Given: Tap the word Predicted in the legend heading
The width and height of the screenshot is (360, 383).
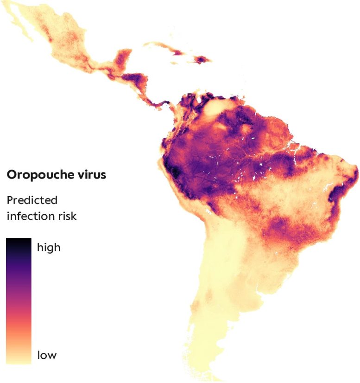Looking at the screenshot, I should [x=32, y=200].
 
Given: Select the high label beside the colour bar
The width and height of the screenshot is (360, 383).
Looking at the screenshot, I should [x=48, y=247].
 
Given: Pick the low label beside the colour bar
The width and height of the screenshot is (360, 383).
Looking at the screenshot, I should [x=46, y=356].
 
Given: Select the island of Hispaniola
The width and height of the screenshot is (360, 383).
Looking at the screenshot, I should [x=202, y=60].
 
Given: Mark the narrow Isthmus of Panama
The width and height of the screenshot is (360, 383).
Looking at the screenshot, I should [x=160, y=103].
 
